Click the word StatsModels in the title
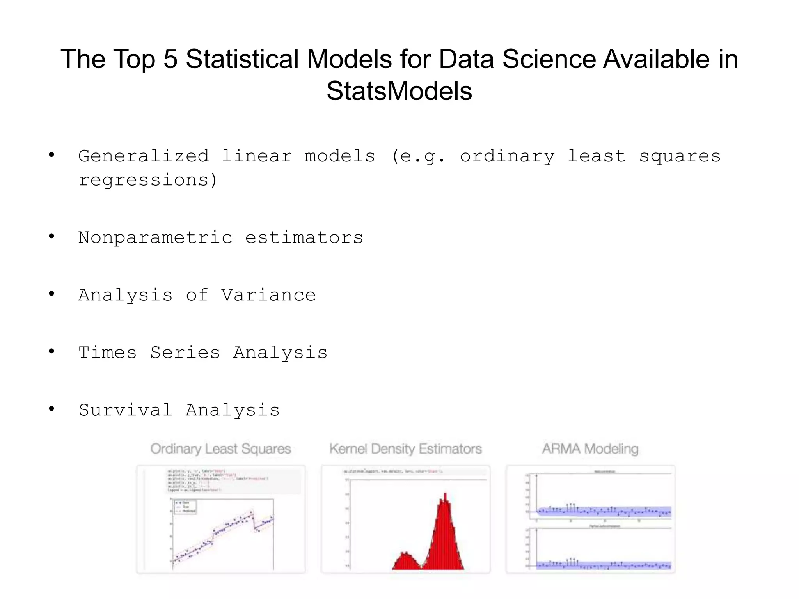click(399, 91)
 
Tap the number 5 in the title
click(170, 59)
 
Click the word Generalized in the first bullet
click(144, 156)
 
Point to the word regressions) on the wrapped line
click(148, 180)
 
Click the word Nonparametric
click(155, 237)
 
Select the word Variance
click(268, 295)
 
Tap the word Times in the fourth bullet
click(108, 353)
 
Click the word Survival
click(125, 410)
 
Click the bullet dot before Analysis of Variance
click(51, 294)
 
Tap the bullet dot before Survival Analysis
click(51, 409)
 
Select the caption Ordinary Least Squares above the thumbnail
click(221, 449)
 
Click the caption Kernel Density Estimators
click(405, 449)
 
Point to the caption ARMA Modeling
click(590, 449)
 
